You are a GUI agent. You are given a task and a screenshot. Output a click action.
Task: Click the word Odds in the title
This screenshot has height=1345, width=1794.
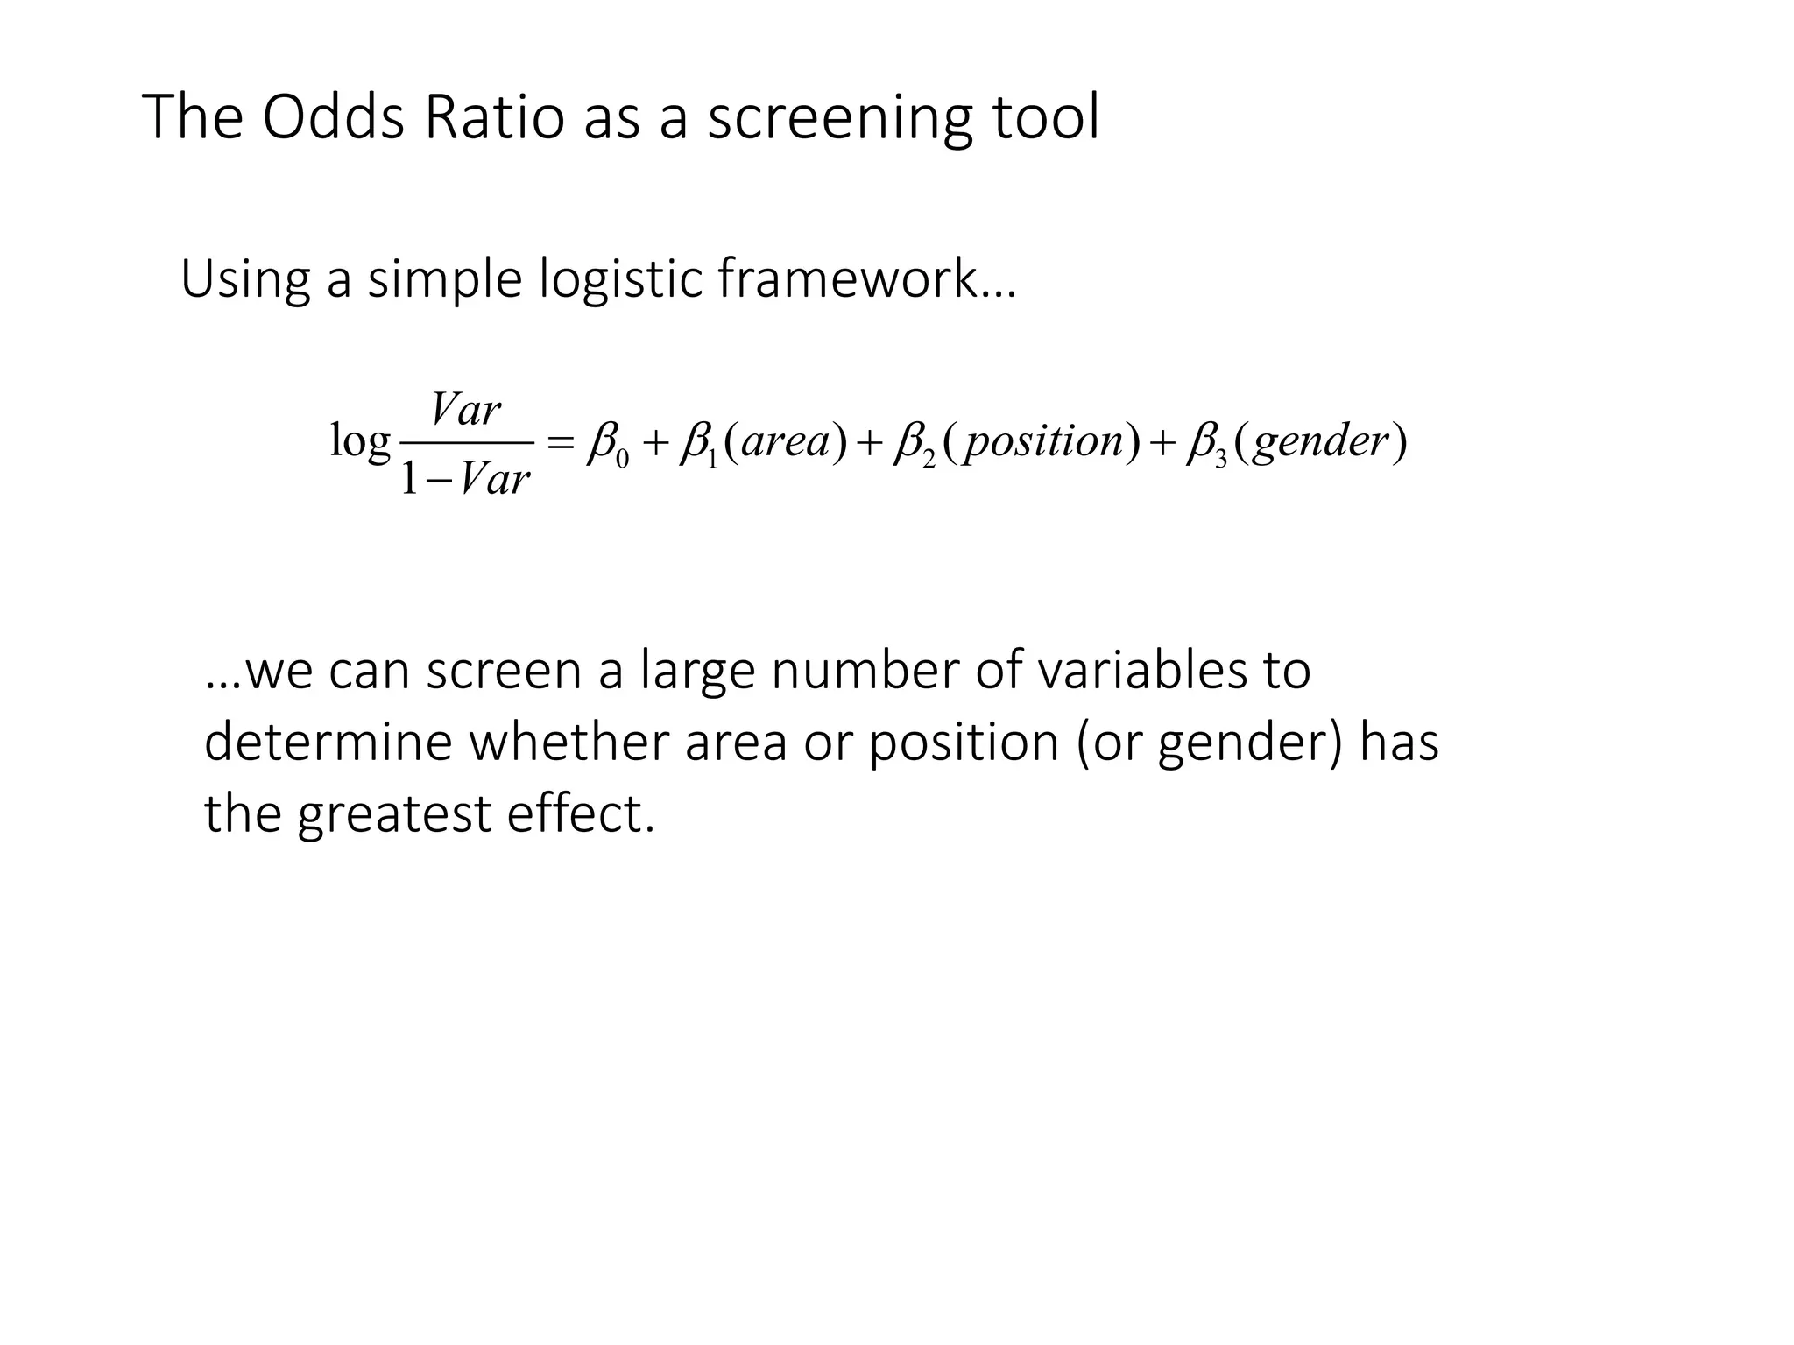pyautogui.click(x=333, y=117)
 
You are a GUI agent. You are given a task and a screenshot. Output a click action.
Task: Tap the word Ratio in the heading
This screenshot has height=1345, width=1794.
pyautogui.click(x=494, y=117)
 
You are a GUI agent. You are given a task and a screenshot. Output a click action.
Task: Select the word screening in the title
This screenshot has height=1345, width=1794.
pyautogui.click(x=839, y=119)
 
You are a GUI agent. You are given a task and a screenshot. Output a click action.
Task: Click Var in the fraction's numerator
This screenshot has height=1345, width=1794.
pyautogui.click(x=466, y=410)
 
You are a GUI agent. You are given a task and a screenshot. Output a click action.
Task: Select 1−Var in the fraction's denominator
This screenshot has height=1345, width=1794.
pyautogui.click(x=465, y=478)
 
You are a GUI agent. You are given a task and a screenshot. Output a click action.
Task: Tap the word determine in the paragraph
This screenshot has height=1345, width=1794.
pyautogui.click(x=327, y=742)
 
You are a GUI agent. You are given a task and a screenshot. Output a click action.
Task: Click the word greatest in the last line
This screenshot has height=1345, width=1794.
pyautogui.click(x=394, y=814)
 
